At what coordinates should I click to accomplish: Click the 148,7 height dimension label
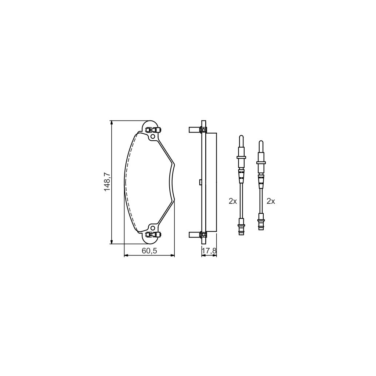107,182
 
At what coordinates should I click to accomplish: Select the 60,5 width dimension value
149,251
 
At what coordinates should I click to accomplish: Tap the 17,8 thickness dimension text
209,251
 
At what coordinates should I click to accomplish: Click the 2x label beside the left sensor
232,201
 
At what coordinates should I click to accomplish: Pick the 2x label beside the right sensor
271,201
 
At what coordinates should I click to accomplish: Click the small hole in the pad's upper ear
152,137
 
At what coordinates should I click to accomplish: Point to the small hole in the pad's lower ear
152,227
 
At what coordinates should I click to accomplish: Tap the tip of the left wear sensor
241,136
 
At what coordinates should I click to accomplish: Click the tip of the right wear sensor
261,141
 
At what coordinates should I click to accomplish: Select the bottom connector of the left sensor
241,228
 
